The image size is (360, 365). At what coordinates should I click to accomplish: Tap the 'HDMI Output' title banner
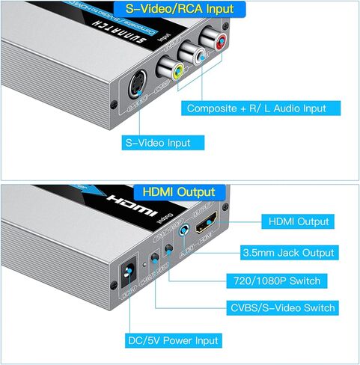pos(179,192)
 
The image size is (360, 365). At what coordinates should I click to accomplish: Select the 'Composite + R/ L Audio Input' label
pos(256,108)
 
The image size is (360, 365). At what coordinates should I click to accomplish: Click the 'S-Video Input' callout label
pos(157,142)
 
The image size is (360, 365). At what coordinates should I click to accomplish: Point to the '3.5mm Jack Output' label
pos(288,252)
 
